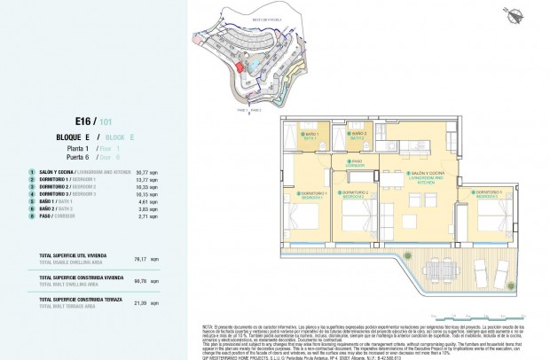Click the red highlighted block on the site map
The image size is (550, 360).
(240, 65)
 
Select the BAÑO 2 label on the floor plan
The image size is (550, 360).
(359, 136)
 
